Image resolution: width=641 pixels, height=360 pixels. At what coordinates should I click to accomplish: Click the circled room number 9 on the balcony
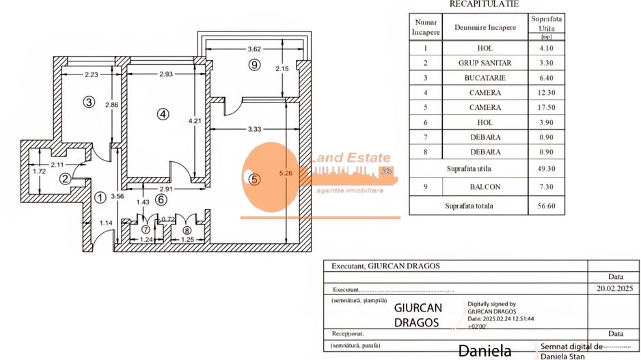point(254,65)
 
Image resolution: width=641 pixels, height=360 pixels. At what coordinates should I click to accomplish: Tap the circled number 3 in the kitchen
point(89,102)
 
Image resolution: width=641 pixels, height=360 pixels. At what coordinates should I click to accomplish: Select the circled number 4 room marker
point(163,115)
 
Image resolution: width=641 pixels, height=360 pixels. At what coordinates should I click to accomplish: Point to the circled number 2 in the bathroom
point(65,179)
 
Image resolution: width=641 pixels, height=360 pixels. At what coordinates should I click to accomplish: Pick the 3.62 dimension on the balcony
point(254,49)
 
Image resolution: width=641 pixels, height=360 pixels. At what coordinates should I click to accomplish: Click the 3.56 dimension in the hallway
point(118,197)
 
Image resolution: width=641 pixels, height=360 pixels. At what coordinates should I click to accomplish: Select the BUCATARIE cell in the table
point(485,78)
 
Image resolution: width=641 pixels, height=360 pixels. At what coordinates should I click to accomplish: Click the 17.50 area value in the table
point(547,108)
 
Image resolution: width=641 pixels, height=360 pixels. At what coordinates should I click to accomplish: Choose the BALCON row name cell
point(485,186)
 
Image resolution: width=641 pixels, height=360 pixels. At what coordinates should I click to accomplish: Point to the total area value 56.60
point(547,206)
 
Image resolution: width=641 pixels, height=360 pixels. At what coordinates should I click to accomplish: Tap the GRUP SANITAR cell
point(485,63)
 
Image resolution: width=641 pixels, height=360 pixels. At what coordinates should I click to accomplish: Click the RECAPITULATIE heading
point(484,4)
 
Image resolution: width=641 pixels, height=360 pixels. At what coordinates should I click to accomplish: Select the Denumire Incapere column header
point(485,27)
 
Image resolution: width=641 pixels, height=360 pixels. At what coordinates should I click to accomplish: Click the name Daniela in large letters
point(485,351)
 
